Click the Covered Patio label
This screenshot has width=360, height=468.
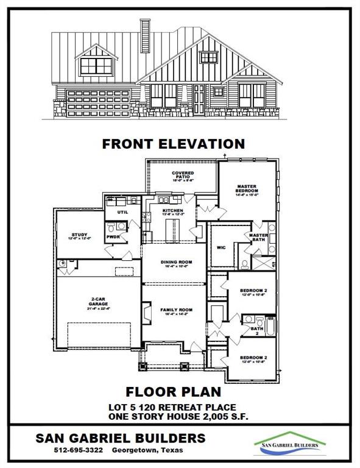point(183,177)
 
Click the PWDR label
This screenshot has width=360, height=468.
point(113,236)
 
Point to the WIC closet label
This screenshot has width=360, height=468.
point(221,247)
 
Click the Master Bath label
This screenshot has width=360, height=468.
point(258,238)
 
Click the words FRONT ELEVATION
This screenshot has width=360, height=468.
point(174,144)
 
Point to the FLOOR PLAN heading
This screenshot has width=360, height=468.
point(174,391)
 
